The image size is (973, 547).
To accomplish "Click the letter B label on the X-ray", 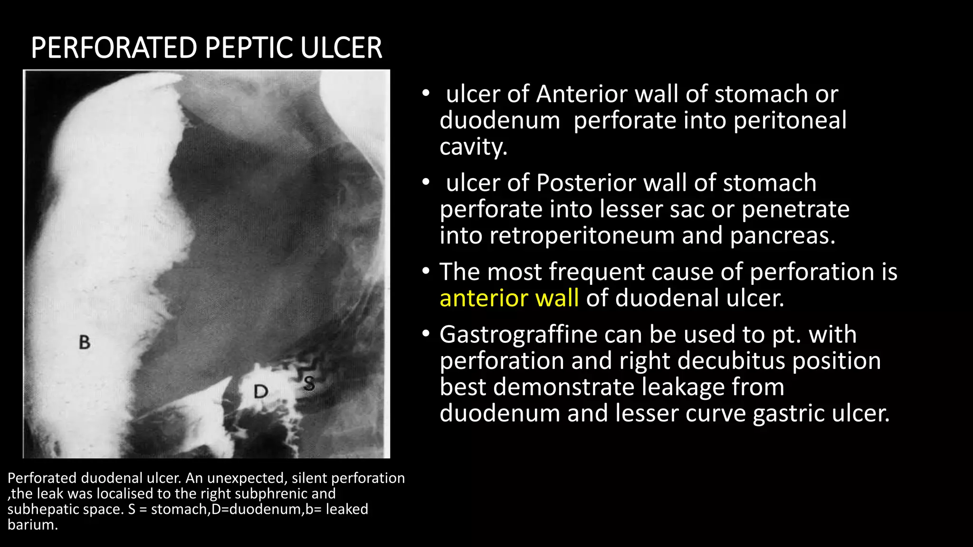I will (x=85, y=342).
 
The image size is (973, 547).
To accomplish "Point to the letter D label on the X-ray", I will (x=261, y=392).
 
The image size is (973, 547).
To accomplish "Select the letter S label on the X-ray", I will (x=309, y=383).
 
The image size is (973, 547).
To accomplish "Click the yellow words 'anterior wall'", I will (x=509, y=298).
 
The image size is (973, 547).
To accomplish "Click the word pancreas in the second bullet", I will (x=782, y=236).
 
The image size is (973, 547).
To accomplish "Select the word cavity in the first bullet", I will (x=473, y=147).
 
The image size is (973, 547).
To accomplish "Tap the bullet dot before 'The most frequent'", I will (x=426, y=272).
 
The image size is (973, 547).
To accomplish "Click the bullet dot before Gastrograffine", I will (x=426, y=334).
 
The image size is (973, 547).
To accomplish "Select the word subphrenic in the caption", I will (x=271, y=494).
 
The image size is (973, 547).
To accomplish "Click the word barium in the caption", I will (x=32, y=525).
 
